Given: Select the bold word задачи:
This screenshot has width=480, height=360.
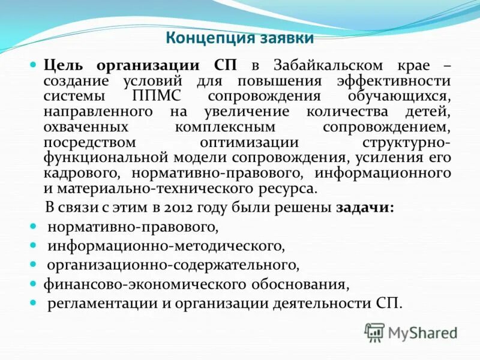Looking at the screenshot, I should [365, 208].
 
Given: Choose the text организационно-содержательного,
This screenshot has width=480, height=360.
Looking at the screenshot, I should [173, 264].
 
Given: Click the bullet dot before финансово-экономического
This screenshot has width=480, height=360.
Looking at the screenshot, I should [34, 283].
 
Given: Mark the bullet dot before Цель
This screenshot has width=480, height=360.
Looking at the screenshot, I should [34, 65].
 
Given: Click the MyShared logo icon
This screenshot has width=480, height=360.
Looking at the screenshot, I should [374, 331].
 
